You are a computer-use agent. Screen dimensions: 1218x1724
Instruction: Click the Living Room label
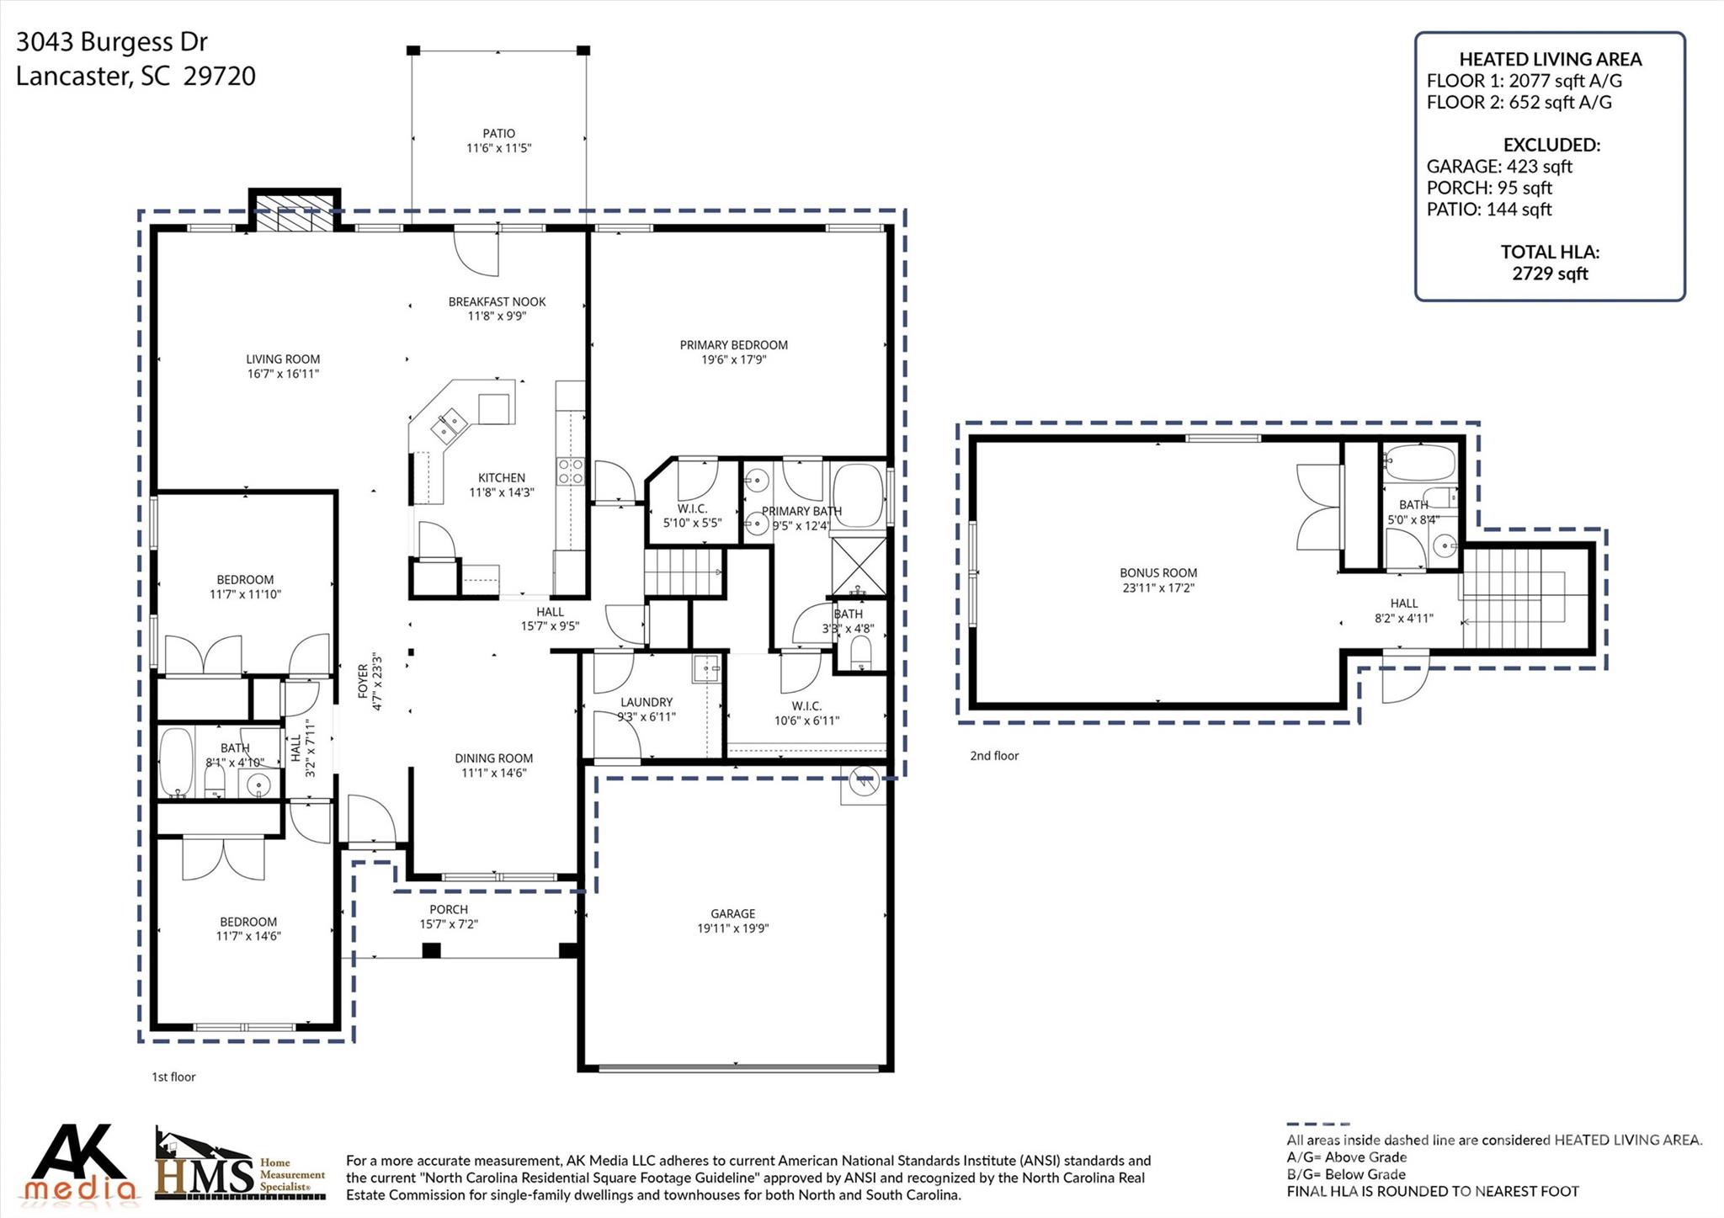[x=283, y=359]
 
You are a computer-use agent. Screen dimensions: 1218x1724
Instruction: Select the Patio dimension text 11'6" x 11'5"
[x=499, y=148]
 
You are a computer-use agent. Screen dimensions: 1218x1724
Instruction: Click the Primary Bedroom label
[x=733, y=345]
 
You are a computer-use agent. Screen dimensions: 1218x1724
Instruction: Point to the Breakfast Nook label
[x=497, y=301]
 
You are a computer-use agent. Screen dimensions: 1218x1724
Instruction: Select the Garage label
[x=732, y=913]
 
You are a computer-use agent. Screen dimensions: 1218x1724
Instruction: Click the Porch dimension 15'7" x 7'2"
[x=449, y=924]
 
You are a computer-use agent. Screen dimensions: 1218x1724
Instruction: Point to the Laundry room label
[x=646, y=702]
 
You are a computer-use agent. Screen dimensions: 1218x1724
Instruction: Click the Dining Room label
[x=493, y=758]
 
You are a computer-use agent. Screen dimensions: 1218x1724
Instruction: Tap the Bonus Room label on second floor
[x=1158, y=572]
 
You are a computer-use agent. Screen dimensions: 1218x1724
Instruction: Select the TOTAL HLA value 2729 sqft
[x=1550, y=274]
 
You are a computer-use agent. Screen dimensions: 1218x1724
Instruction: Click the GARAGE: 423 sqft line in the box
[x=1499, y=167]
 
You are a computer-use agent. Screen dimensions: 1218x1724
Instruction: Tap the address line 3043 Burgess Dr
[x=112, y=42]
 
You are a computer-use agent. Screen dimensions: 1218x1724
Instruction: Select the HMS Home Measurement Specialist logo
[x=240, y=1166]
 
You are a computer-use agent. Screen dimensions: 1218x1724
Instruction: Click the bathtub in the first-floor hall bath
[x=176, y=762]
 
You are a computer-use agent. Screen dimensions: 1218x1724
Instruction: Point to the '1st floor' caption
[x=173, y=1077]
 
